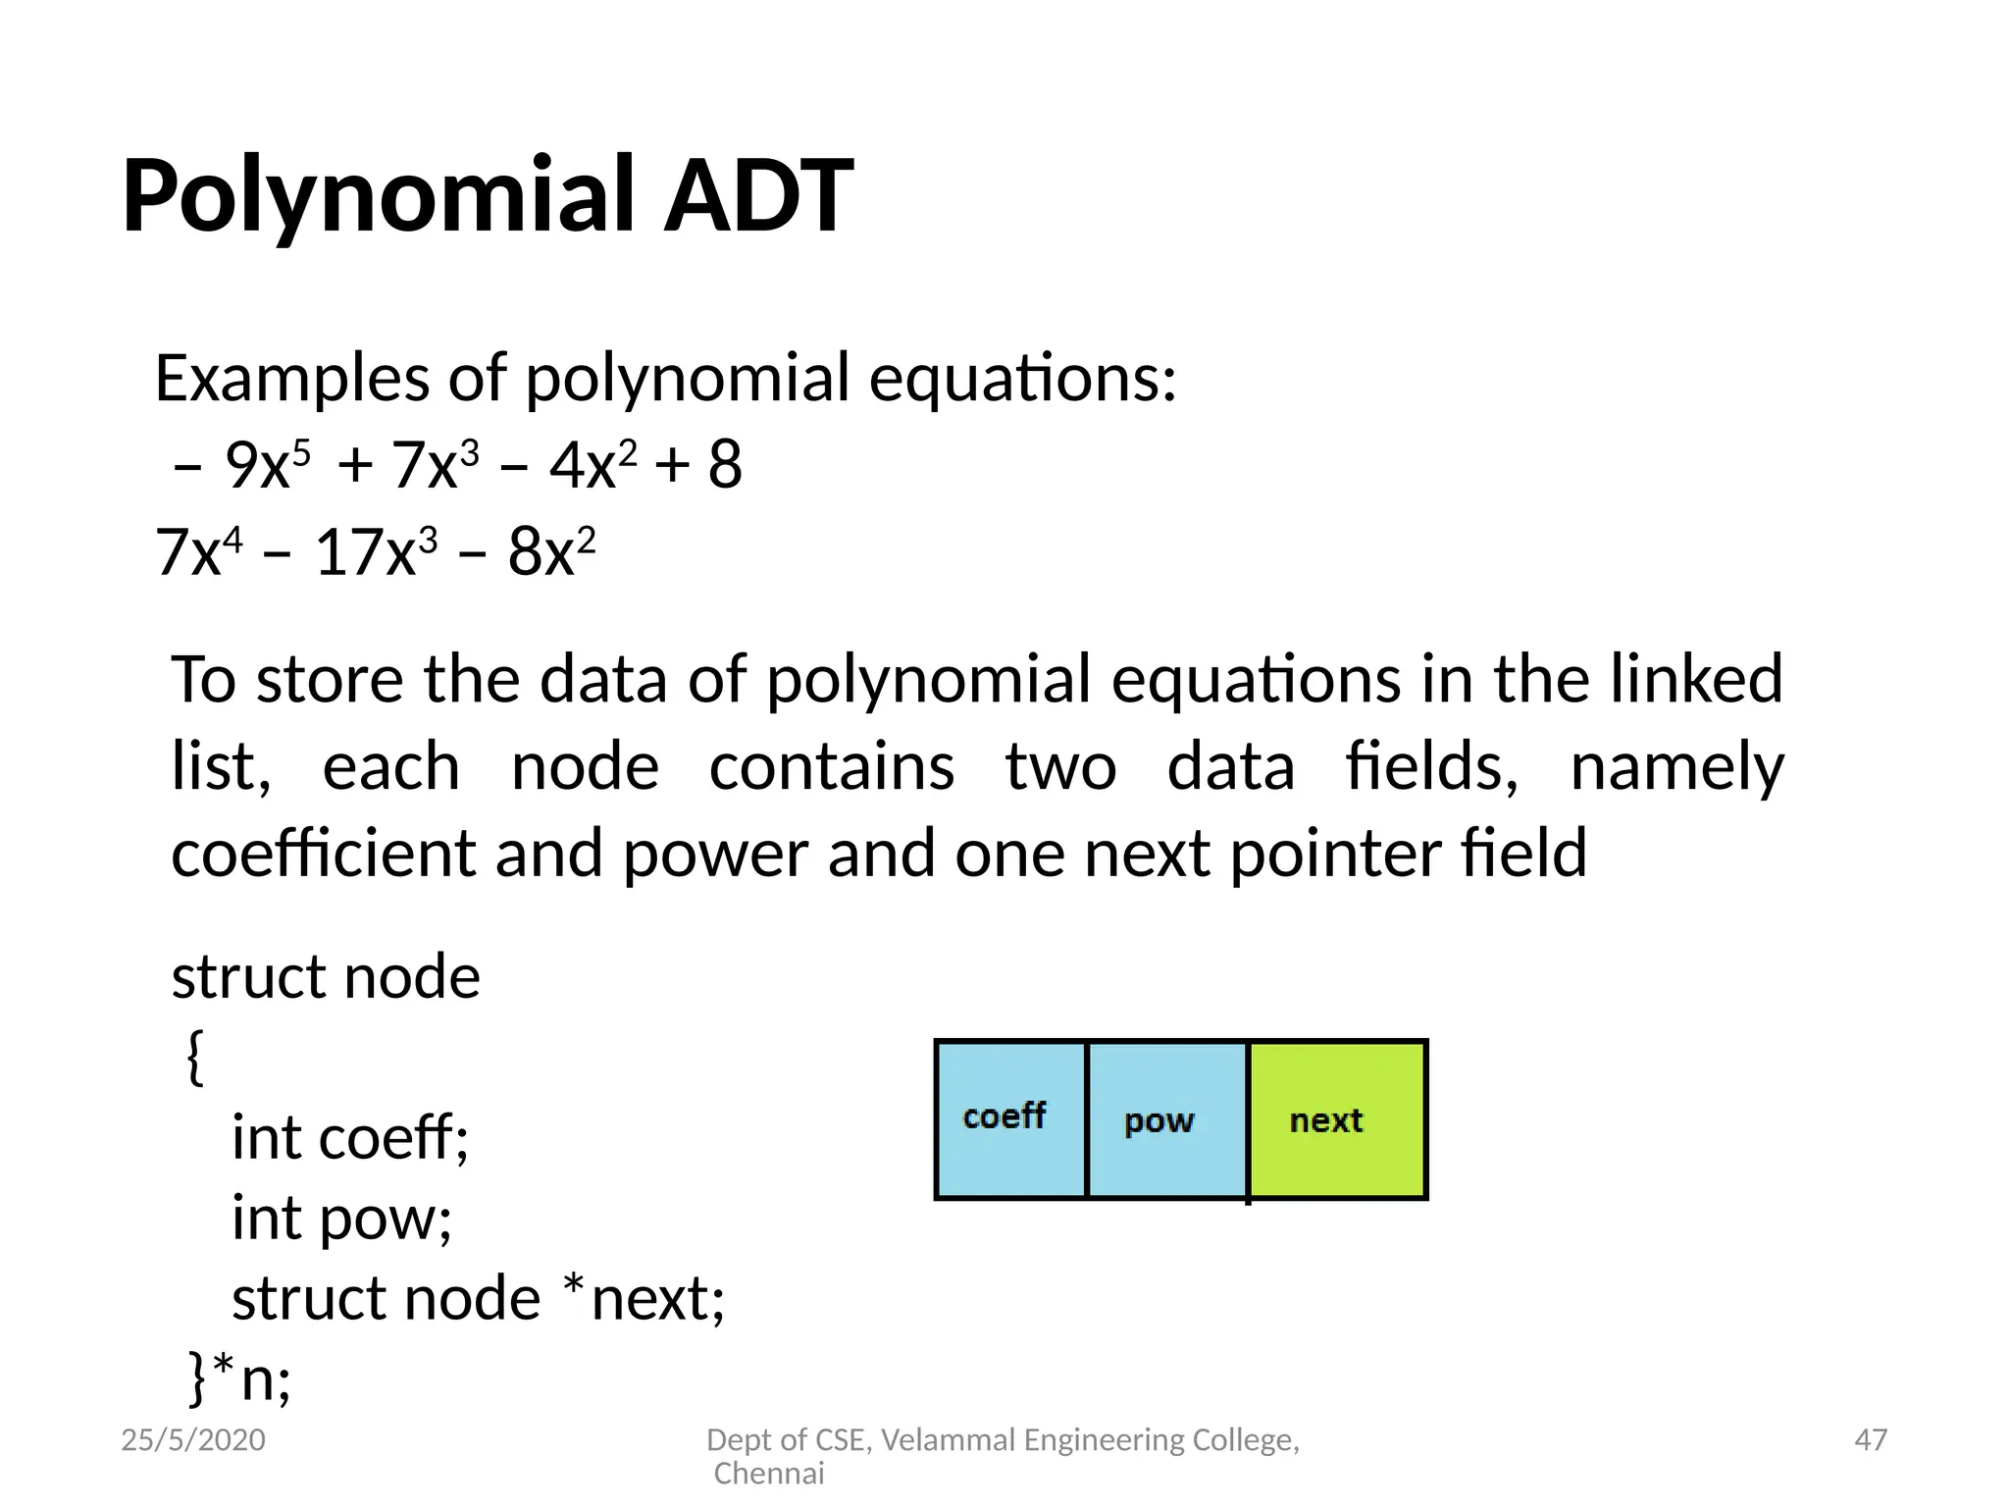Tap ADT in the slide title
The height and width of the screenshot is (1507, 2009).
(x=757, y=196)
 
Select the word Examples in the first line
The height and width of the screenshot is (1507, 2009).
(x=291, y=379)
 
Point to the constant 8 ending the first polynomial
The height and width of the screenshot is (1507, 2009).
(x=725, y=465)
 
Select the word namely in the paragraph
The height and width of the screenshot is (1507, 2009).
(x=1676, y=766)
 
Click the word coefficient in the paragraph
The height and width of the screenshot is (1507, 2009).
(x=324, y=853)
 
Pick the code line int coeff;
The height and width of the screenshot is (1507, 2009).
(x=350, y=1138)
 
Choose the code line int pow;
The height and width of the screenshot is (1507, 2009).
(x=341, y=1220)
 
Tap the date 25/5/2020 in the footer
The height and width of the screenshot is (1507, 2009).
(x=193, y=1439)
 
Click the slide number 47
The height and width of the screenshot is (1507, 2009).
(x=1871, y=1439)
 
